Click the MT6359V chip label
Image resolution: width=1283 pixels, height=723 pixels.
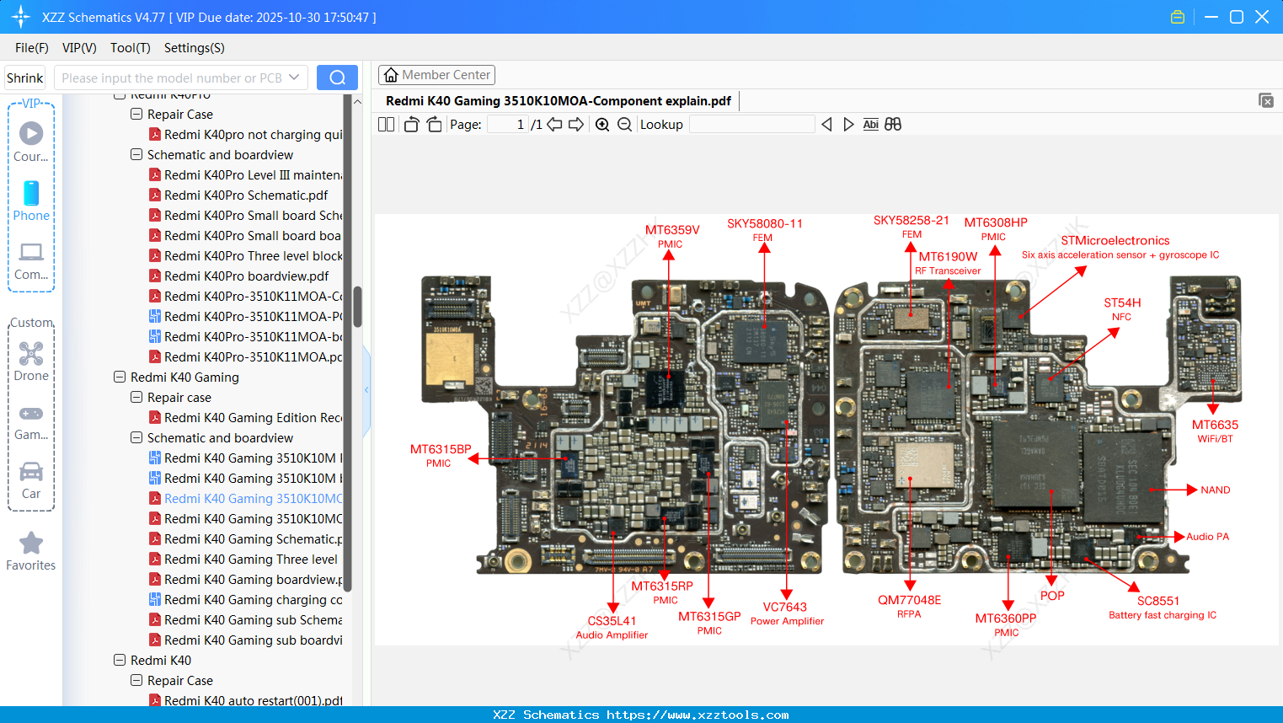(671, 230)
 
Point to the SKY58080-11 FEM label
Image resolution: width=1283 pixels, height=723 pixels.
(764, 224)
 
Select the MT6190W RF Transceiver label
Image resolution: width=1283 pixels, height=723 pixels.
(948, 257)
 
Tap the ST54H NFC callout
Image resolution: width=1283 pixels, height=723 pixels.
(1122, 303)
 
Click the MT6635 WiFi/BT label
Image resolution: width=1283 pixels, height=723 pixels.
(1215, 426)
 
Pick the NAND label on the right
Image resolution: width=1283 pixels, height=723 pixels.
(1215, 490)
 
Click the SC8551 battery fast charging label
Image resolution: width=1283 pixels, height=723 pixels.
(1158, 602)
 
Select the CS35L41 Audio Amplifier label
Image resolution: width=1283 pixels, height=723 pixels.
(612, 622)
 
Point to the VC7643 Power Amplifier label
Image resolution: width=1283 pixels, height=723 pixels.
(784, 608)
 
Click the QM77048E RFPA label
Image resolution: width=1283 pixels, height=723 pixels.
(909, 601)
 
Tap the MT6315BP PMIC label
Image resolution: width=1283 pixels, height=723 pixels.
(440, 450)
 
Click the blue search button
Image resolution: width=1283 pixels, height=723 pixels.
(337, 78)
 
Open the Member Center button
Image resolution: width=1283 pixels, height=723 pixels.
(436, 75)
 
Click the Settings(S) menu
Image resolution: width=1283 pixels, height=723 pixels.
(194, 48)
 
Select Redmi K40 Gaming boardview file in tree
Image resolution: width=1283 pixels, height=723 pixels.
(253, 580)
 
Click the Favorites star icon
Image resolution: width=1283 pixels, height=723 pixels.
(31, 544)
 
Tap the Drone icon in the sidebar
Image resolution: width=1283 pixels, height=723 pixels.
(31, 354)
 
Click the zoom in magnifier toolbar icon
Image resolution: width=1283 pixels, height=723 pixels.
(602, 125)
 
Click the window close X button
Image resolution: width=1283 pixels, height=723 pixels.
(1262, 17)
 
